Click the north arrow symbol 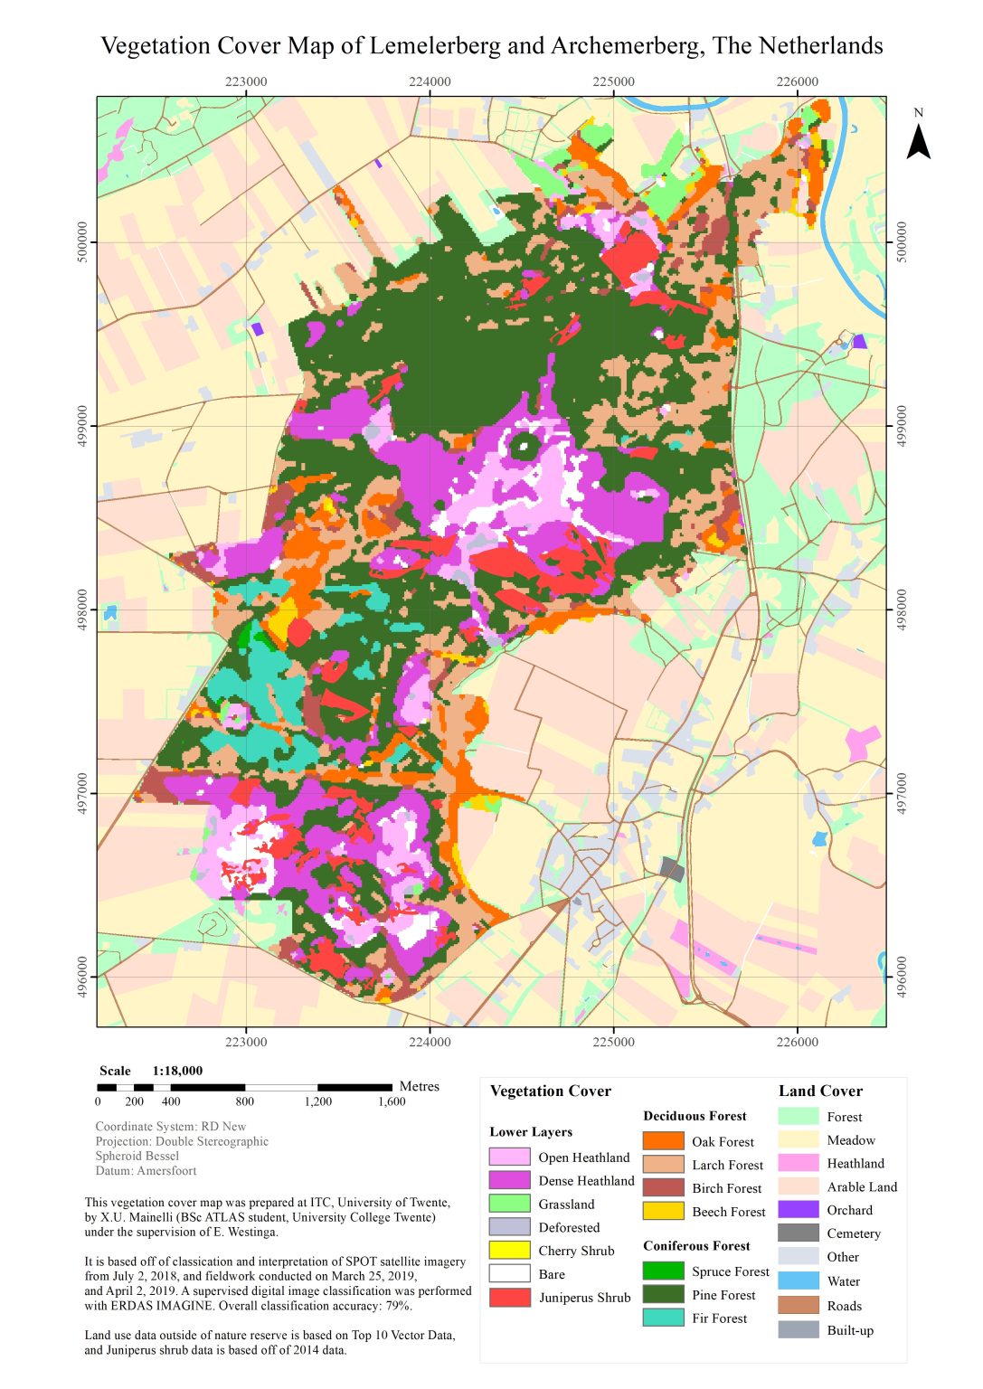pos(918,141)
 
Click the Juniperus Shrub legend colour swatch pos(509,1297)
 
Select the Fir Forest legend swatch pos(663,1318)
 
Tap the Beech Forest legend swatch pos(663,1211)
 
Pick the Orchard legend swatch pos(798,1210)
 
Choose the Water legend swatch pos(798,1280)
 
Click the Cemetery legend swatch pos(798,1233)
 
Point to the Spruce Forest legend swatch pos(663,1271)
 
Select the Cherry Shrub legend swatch pos(509,1250)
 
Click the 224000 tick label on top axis pos(430,81)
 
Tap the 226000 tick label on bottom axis pos(797,1042)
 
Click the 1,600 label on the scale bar pos(392,1101)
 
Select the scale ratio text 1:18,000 pos(177,1071)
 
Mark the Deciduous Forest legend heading pos(695,1116)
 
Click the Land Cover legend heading pos(820,1091)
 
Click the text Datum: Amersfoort pos(146,1170)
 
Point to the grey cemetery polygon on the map pos(671,870)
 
